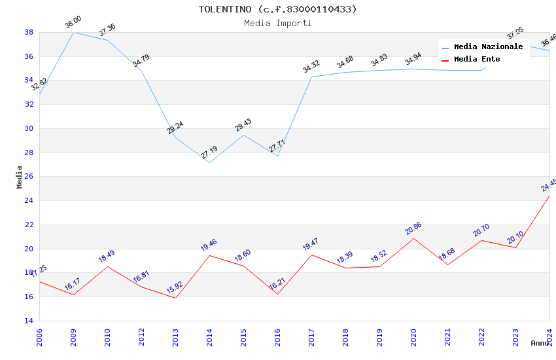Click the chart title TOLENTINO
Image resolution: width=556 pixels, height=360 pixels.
point(278,9)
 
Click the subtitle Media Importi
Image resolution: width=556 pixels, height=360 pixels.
point(278,23)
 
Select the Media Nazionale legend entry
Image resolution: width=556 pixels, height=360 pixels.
point(488,47)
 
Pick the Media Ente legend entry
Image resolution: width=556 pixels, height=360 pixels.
point(477,59)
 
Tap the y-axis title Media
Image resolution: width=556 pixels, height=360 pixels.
point(20,177)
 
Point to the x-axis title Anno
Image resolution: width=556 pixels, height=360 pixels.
point(540,343)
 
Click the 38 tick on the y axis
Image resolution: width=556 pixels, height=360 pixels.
point(29,32)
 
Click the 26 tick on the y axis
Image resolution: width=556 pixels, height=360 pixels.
point(29,177)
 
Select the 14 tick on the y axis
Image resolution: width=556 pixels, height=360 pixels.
point(29,321)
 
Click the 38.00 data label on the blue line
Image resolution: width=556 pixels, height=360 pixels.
point(73,24)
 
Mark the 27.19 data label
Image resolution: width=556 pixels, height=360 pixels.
point(209,153)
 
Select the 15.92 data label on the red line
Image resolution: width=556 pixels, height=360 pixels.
point(175,288)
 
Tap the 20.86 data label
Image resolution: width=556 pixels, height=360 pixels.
point(413,228)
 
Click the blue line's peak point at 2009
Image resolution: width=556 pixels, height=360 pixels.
point(73,32)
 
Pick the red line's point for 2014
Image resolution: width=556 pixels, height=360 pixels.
point(209,255)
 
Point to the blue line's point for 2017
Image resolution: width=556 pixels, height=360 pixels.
point(311,77)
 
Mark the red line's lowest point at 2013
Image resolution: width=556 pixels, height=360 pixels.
point(175,298)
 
